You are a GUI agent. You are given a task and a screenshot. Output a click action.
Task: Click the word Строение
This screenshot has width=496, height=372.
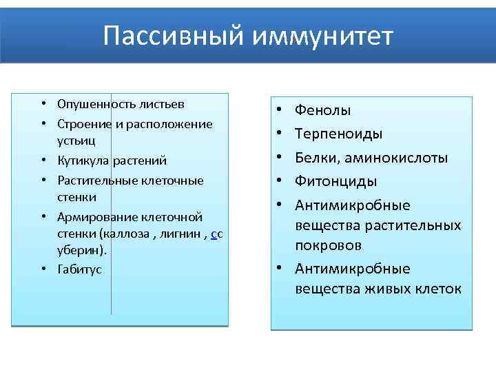click(x=80, y=124)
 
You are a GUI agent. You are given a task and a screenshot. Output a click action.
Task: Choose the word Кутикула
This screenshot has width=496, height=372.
click(x=79, y=161)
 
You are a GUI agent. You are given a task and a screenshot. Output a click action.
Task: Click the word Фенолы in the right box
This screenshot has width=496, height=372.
click(x=322, y=110)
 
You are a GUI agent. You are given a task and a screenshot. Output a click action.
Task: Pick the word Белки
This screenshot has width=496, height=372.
click(x=316, y=158)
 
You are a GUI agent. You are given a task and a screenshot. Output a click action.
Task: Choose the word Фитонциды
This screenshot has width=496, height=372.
click(x=335, y=181)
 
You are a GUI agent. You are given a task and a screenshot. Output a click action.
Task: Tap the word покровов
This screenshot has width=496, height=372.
click(x=329, y=245)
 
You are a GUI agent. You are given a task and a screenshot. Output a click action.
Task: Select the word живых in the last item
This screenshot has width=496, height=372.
click(x=380, y=289)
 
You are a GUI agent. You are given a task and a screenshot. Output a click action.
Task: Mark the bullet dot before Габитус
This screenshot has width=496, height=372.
click(x=43, y=269)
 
